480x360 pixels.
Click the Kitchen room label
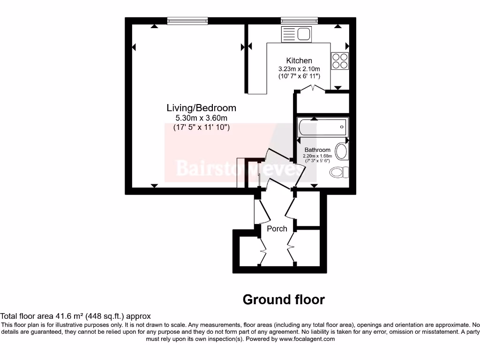tap(299, 60)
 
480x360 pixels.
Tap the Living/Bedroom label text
tap(202, 108)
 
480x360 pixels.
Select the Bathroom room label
tap(317, 150)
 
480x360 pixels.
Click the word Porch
tap(277, 229)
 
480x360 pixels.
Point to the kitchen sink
tap(296, 34)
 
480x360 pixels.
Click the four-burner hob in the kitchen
tap(340, 60)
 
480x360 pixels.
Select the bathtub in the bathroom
tap(322, 126)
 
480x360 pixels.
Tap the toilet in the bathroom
tap(338, 172)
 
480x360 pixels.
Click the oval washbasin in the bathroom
tap(343, 152)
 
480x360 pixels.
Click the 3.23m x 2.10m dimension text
tap(299, 69)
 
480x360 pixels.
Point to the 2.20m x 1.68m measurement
tap(317, 156)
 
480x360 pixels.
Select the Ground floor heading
tap(284, 300)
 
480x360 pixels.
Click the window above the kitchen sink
tap(299, 21)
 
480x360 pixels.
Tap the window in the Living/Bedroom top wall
tap(187, 21)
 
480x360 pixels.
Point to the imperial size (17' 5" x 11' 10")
tap(202, 127)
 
